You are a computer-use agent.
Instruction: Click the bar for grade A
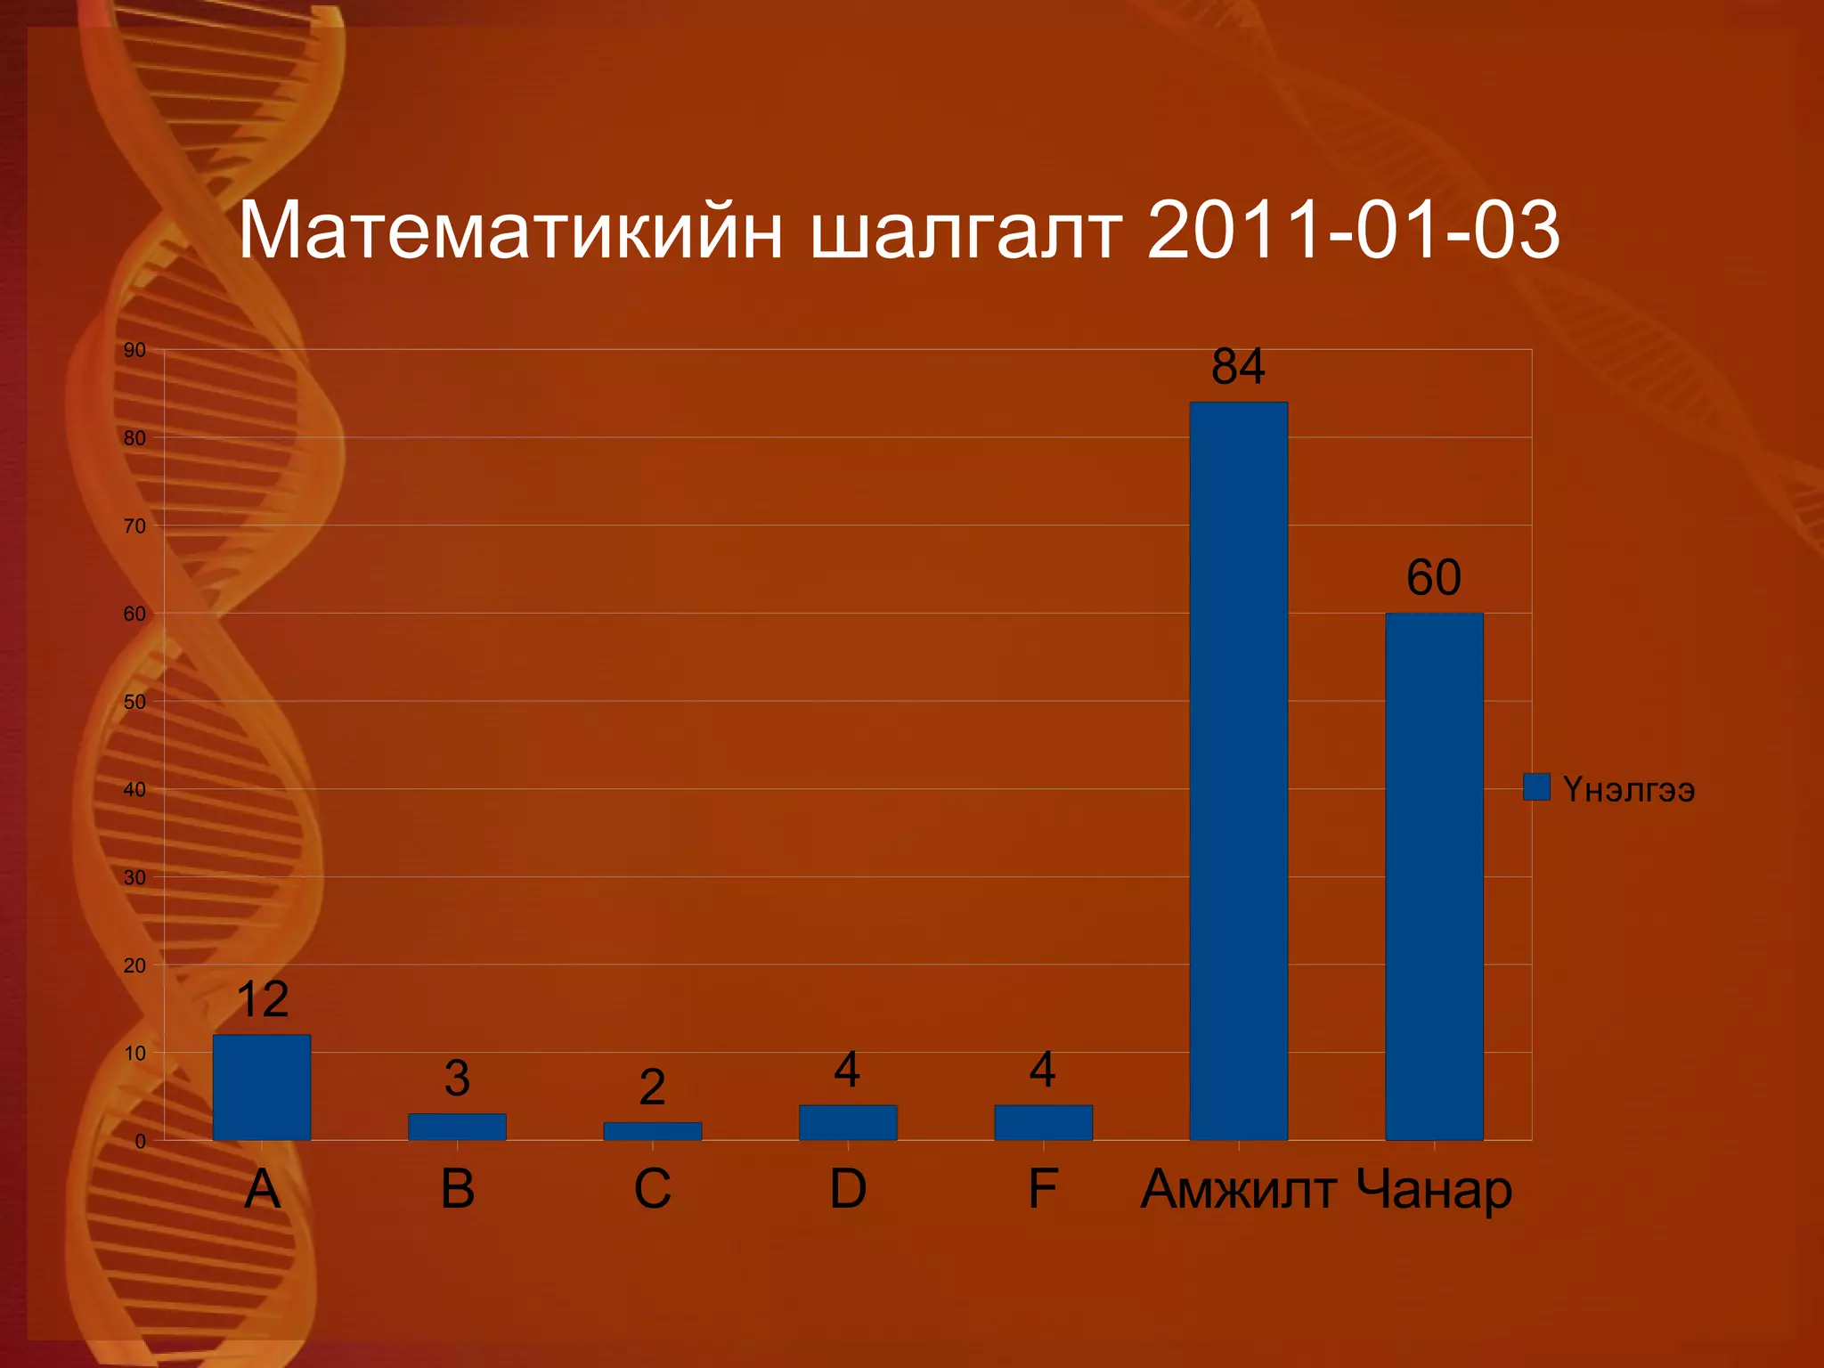pyautogui.click(x=262, y=1087)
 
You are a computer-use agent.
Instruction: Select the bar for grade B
pyautogui.click(x=457, y=1127)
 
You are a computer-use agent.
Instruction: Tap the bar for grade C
pyautogui.click(x=652, y=1131)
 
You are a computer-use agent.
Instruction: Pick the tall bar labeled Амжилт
pyautogui.click(x=1238, y=771)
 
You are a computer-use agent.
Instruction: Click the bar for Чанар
pyautogui.click(x=1434, y=876)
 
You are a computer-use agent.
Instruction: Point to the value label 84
pyautogui.click(x=1238, y=366)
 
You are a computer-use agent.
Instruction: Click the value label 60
pyautogui.click(x=1434, y=577)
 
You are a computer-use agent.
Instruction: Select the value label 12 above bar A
pyautogui.click(x=263, y=999)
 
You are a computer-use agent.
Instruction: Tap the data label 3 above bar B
pyautogui.click(x=457, y=1079)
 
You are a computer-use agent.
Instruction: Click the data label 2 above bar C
pyautogui.click(x=652, y=1087)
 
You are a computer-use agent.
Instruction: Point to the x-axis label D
pyautogui.click(x=848, y=1189)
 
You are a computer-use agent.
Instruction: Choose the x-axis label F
pyautogui.click(x=1043, y=1189)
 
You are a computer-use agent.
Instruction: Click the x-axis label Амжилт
pyautogui.click(x=1238, y=1189)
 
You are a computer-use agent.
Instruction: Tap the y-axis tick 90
pyautogui.click(x=134, y=350)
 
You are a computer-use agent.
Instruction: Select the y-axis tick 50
pyautogui.click(x=134, y=702)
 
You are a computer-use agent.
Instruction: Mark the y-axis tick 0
pyautogui.click(x=140, y=1141)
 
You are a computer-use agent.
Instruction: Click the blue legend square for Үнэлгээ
pyautogui.click(x=1536, y=787)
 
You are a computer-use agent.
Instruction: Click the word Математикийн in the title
pyautogui.click(x=510, y=231)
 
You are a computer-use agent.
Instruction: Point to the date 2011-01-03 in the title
pyautogui.click(x=1354, y=231)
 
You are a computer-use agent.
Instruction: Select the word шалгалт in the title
pyautogui.click(x=965, y=231)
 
